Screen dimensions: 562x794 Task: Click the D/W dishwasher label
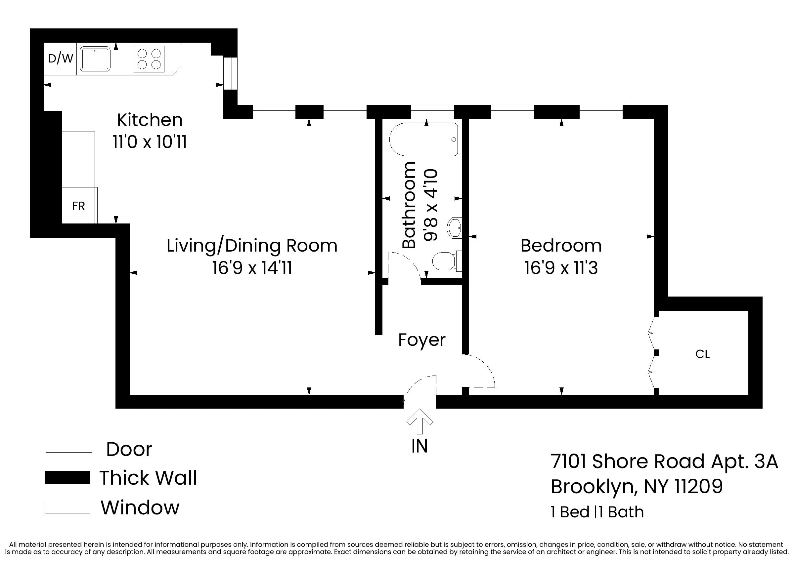tap(60, 59)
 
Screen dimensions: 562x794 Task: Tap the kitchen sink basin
tap(95, 59)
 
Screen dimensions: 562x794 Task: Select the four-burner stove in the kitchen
tap(149, 59)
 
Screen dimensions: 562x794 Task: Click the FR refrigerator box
tap(79, 206)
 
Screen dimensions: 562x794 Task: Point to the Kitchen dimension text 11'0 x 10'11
tap(150, 142)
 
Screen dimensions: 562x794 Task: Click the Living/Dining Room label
tap(252, 246)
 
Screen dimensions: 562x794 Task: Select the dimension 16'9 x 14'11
tap(252, 268)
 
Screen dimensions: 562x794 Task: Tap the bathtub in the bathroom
tap(424, 140)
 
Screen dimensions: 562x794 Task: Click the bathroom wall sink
tap(455, 228)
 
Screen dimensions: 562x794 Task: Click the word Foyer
tap(421, 340)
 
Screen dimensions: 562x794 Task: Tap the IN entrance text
tap(419, 446)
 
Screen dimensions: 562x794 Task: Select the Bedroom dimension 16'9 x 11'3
tap(561, 268)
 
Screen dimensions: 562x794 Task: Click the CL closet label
tap(702, 354)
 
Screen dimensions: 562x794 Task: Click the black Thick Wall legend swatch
tap(67, 478)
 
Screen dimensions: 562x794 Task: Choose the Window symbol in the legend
tap(67, 507)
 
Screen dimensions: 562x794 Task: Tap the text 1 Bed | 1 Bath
tap(597, 512)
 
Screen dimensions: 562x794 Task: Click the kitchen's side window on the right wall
tap(230, 73)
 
